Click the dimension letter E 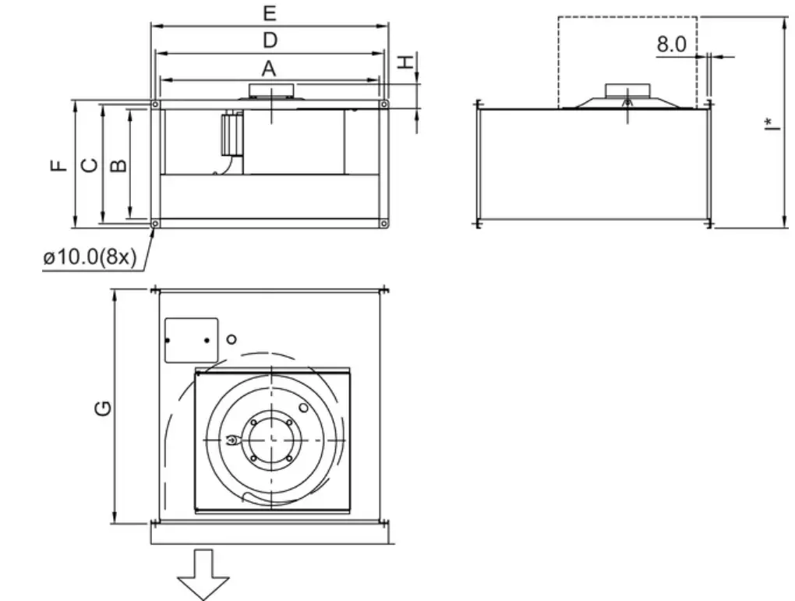tap(269, 14)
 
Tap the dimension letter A tap(269, 69)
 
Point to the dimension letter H tap(405, 62)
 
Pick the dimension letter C tap(90, 164)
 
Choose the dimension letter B tap(118, 164)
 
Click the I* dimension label tap(769, 125)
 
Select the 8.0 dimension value tap(671, 44)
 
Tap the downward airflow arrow tap(203, 574)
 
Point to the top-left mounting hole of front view tap(156, 104)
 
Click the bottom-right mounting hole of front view tap(383, 224)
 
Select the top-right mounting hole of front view tap(383, 104)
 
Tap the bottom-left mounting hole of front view tap(156, 224)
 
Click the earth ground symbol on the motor tap(231, 442)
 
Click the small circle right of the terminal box tap(231, 340)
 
